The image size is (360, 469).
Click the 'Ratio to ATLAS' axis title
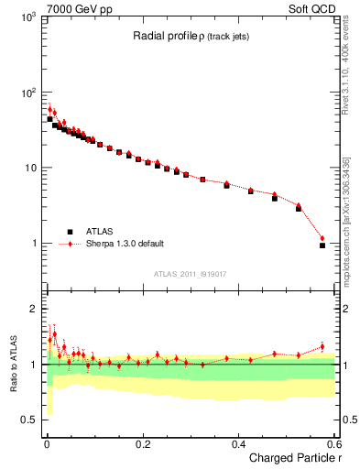point(12,365)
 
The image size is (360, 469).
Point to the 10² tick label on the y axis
point(27,93)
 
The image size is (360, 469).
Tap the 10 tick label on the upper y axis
point(28,168)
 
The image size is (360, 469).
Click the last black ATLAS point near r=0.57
point(322,245)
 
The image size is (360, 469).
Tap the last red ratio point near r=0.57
point(322,346)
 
